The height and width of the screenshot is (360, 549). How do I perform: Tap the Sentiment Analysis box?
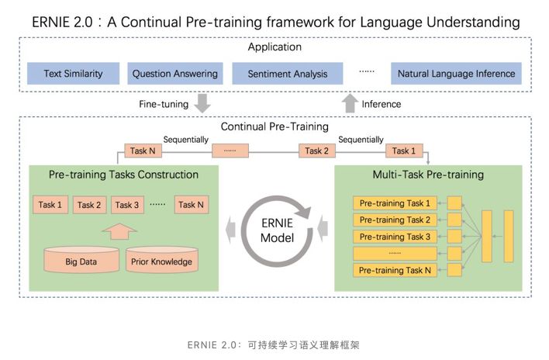point(287,74)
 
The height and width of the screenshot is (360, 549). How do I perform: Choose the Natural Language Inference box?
point(456,74)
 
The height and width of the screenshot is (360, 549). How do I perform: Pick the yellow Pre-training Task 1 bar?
point(395,203)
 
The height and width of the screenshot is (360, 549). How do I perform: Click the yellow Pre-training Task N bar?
point(395,270)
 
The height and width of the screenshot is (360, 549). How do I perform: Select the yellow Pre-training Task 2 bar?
point(395,220)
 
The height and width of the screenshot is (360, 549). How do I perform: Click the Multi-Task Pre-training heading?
point(428,175)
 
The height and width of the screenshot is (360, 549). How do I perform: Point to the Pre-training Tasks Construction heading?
point(124,175)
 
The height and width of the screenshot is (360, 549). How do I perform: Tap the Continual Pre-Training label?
point(274,126)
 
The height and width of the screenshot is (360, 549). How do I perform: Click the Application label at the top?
point(274,48)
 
